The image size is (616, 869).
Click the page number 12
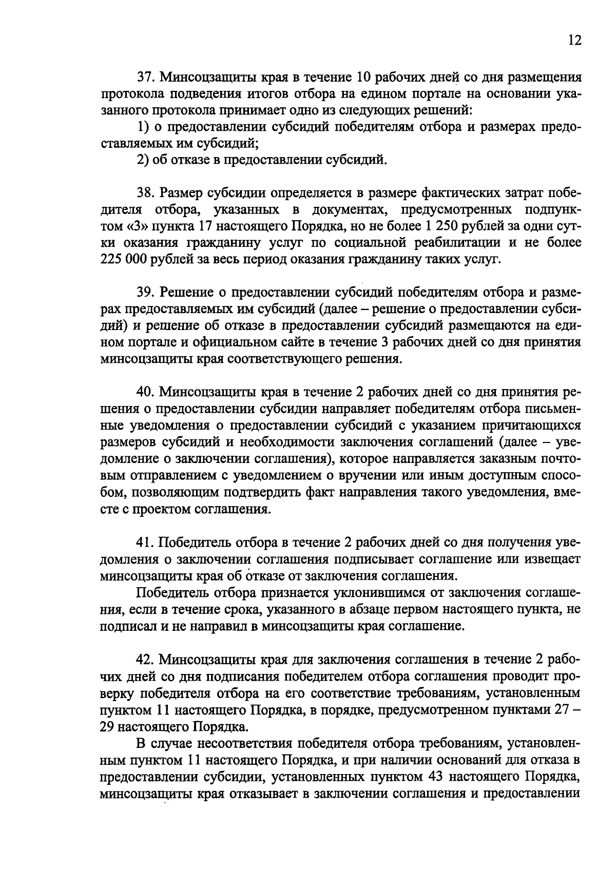(575, 41)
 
